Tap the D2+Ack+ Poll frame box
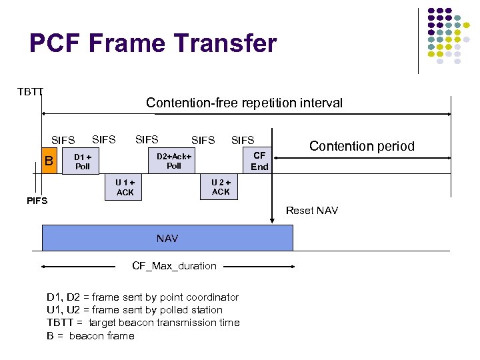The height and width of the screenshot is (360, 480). [173, 161]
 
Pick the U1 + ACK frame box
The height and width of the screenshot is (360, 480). [125, 187]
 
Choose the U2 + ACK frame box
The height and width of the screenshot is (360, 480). [221, 187]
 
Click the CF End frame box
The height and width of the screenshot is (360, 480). [259, 161]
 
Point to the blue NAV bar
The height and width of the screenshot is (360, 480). [167, 237]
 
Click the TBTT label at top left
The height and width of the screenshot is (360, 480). [30, 91]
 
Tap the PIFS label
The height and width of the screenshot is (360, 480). [37, 201]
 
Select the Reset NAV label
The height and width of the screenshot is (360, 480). [311, 211]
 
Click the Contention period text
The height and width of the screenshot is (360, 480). [361, 146]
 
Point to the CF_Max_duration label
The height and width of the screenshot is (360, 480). [174, 266]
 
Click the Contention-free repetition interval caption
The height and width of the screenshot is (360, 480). [244, 103]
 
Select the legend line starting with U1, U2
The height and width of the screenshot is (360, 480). [135, 310]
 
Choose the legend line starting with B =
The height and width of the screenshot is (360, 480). [91, 335]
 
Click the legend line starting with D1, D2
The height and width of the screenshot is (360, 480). [143, 297]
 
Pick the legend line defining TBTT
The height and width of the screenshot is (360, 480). [143, 323]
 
